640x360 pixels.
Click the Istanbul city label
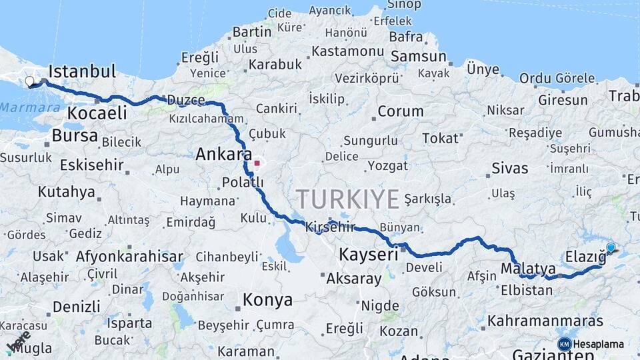pos(82,71)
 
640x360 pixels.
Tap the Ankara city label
pos(223,155)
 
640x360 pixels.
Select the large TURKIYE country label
pos(348,199)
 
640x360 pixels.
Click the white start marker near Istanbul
pos(29,81)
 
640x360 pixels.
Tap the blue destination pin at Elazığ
pos(611,248)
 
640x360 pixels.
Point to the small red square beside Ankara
pos(257,162)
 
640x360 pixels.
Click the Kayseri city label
pos(368,254)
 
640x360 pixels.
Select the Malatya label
pos(527,269)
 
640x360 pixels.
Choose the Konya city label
pos(267,301)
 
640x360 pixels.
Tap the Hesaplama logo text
pos(599,344)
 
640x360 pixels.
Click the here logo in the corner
pos(18,341)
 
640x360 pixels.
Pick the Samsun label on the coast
pos(418,57)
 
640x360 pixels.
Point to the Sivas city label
pos(509,168)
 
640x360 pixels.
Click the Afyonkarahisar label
pos(129,256)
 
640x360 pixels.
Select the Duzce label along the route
pos(185,100)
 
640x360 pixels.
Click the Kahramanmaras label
pos(545,321)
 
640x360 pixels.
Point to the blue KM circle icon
pos(564,344)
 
